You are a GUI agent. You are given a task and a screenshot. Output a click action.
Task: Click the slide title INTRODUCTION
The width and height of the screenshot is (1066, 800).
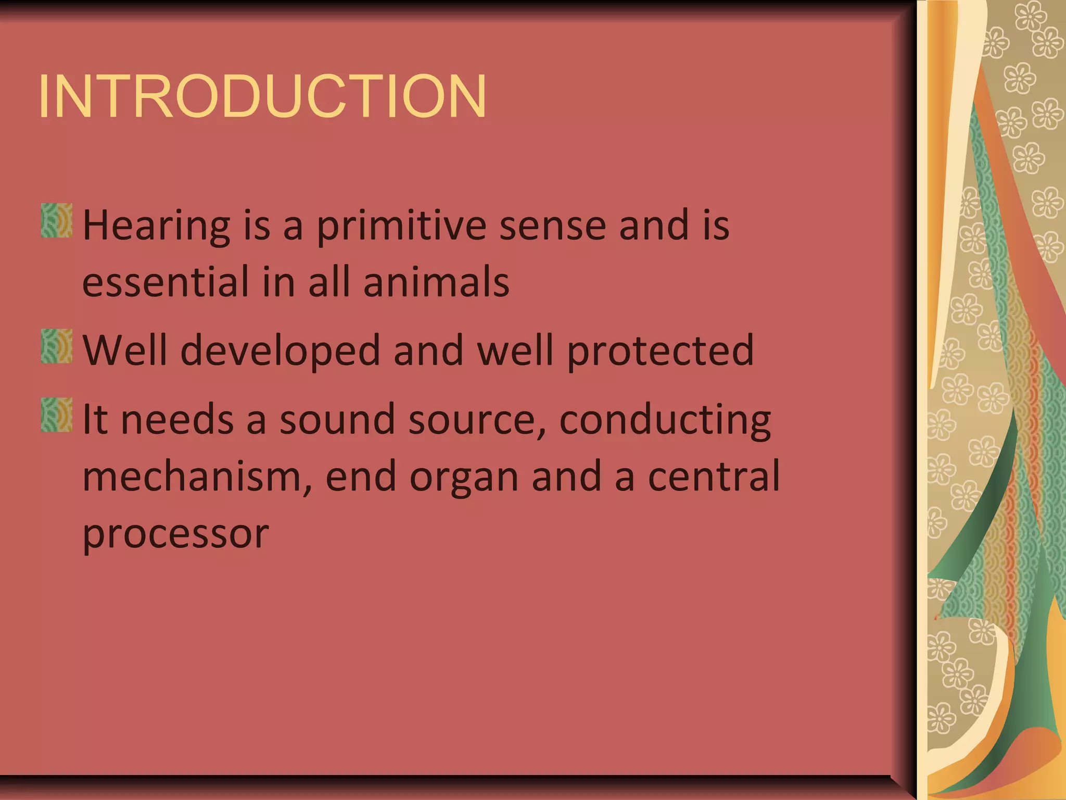click(x=262, y=97)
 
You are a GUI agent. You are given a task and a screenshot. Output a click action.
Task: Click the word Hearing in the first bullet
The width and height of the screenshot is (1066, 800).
click(x=156, y=227)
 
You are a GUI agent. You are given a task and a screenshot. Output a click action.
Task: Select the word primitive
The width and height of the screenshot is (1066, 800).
click(x=401, y=227)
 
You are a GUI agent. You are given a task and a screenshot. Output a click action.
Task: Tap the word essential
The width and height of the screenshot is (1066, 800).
click(x=166, y=282)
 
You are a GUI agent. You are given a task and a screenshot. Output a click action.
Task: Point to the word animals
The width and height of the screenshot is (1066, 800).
click(x=436, y=282)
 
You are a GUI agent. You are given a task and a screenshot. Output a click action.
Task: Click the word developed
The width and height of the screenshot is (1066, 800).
click(x=281, y=350)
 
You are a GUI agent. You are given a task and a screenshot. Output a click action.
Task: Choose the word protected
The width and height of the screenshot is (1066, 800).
click(x=660, y=350)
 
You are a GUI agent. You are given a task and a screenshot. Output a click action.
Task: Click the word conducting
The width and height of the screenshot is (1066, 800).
click(x=665, y=420)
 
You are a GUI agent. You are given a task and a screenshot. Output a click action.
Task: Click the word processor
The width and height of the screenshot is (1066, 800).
click(x=176, y=534)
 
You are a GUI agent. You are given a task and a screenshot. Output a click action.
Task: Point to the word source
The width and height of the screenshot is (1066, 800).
click(x=479, y=420)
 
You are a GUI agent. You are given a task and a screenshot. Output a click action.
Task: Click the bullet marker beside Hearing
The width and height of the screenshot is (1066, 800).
click(x=56, y=221)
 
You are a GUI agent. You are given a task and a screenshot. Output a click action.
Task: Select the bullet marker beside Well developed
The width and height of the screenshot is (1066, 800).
click(x=56, y=346)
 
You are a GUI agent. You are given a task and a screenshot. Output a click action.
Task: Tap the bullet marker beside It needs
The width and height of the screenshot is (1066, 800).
click(x=56, y=415)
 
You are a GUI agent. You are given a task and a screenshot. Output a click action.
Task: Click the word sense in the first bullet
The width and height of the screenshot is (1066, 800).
click(x=553, y=227)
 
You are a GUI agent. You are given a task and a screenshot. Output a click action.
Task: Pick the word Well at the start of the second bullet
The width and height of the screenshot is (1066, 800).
click(x=125, y=350)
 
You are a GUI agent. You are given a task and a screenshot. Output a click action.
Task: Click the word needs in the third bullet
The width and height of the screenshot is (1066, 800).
click(x=177, y=420)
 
